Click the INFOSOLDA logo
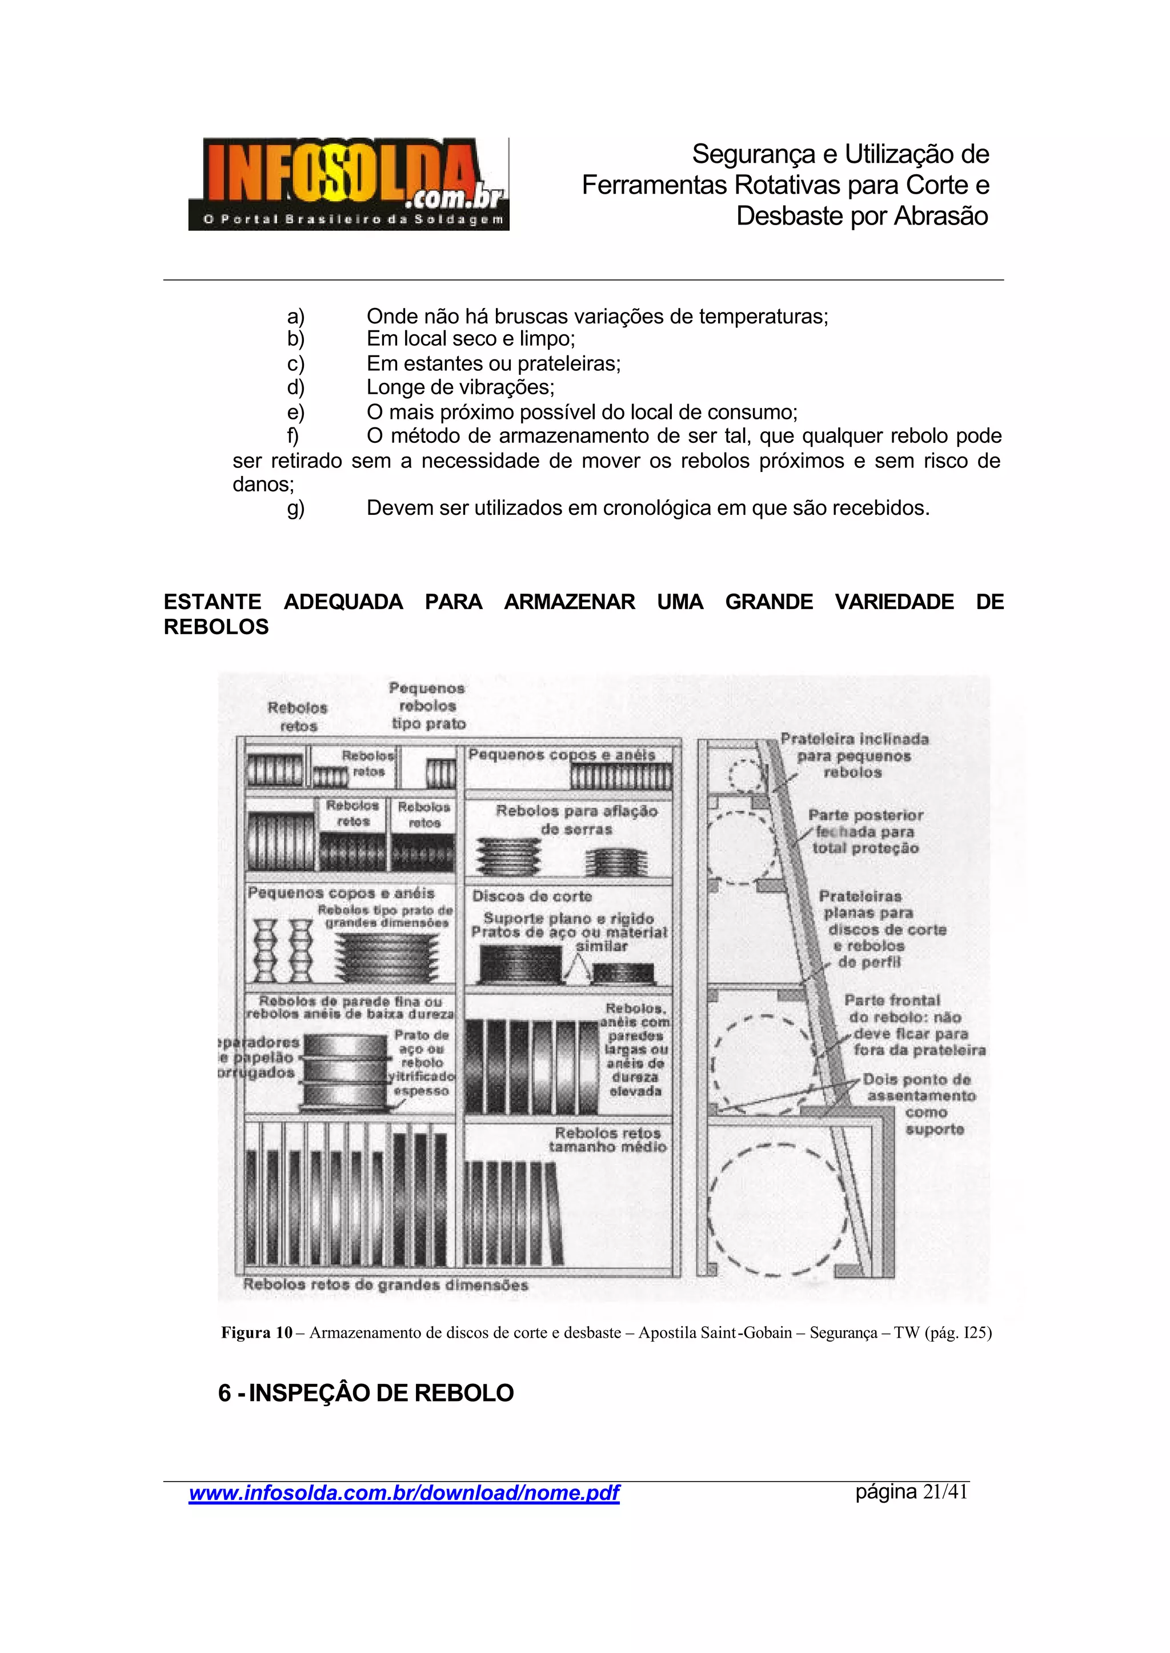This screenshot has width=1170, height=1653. coord(348,184)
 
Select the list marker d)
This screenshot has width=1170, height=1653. coord(295,387)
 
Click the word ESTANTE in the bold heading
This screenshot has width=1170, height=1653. coord(213,602)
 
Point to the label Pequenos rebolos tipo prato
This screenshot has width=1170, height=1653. coord(428,706)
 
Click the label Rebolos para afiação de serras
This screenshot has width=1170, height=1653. coord(576,820)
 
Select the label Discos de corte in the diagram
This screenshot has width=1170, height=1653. coord(532,896)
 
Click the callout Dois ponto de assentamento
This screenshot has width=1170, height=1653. coord(919,1103)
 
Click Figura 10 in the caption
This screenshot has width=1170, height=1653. coord(257,1333)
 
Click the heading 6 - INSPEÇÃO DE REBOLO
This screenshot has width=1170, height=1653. coord(366,1393)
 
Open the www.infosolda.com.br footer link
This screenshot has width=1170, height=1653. coord(403,1492)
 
